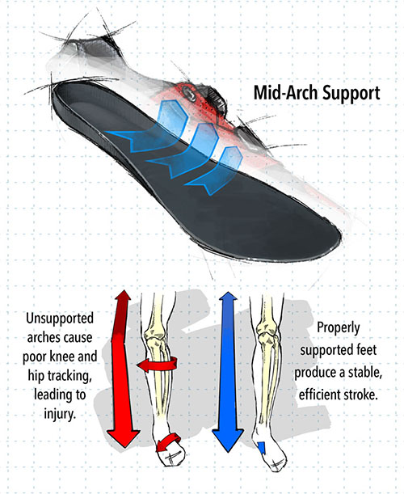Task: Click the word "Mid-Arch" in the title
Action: (x=285, y=93)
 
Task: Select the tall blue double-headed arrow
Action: (x=228, y=372)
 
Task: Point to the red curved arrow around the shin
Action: (x=158, y=365)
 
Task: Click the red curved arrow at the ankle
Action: (x=168, y=442)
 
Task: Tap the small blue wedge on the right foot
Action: (x=261, y=448)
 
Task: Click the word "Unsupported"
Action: (x=60, y=319)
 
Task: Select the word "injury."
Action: (x=60, y=413)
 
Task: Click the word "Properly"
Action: (x=339, y=328)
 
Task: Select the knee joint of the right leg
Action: (x=267, y=333)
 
